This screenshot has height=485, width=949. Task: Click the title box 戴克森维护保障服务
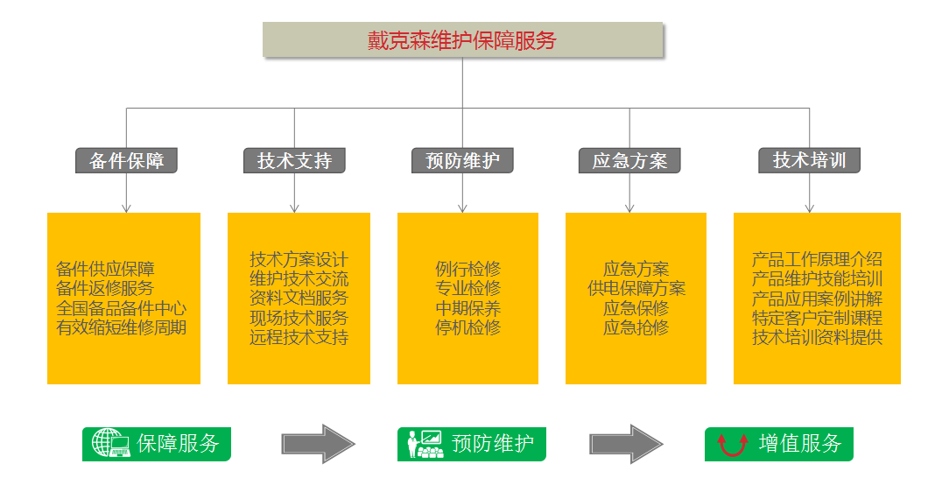[x=462, y=40]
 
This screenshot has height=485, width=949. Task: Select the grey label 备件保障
[x=126, y=160]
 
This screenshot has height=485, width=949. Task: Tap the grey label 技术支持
[x=294, y=160]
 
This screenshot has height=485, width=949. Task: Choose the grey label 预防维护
[x=462, y=160]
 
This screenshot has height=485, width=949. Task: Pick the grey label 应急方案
[x=629, y=160]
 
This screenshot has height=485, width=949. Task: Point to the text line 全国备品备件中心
[x=121, y=308]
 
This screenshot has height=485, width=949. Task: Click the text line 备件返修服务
[x=104, y=288]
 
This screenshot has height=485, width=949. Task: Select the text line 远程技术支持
[x=299, y=337]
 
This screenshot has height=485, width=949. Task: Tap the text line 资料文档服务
[x=299, y=298]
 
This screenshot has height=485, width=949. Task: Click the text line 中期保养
[x=468, y=308]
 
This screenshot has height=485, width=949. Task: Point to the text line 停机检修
[x=468, y=327]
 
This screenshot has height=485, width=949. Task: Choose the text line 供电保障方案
[x=636, y=288]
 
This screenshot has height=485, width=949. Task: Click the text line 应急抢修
[x=636, y=327]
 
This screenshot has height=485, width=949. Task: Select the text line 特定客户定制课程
[x=817, y=318]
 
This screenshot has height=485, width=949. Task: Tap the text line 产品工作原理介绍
[x=817, y=259]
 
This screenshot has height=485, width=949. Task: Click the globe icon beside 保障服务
[x=108, y=444]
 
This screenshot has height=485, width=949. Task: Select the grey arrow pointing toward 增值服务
[x=625, y=444]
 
